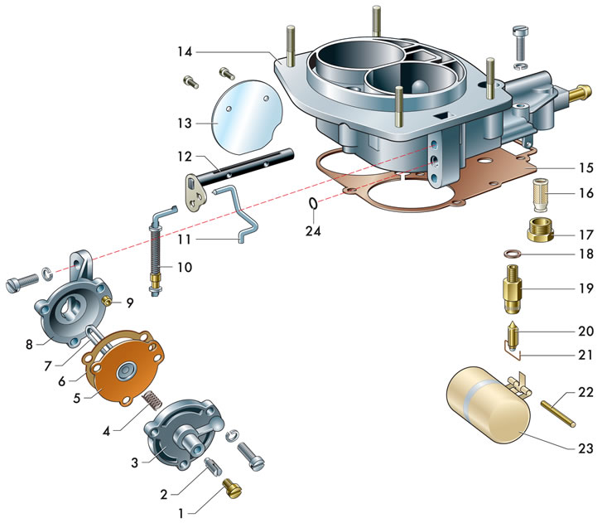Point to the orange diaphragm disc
pyautogui.click(x=123, y=378)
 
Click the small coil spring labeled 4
pyautogui.click(x=152, y=403)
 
